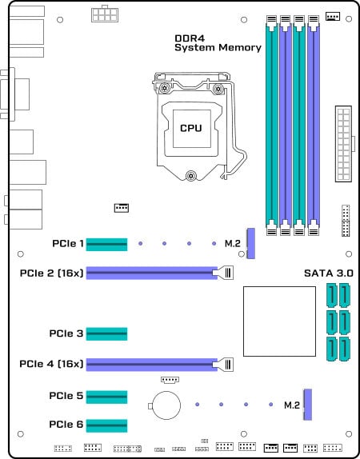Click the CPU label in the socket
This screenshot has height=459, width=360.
tap(191, 128)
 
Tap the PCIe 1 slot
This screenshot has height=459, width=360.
tap(106, 245)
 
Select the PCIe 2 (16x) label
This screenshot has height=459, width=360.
tap(51, 273)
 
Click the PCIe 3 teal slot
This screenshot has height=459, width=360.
tap(106, 333)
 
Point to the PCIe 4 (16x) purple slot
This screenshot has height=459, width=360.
tap(152, 365)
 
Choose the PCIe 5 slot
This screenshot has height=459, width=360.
tap(106, 397)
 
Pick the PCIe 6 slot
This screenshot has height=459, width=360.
tap(106, 425)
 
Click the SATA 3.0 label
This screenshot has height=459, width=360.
tap(329, 273)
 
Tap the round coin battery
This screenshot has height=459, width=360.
tap(166, 405)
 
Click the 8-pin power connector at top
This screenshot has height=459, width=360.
tap(105, 14)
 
